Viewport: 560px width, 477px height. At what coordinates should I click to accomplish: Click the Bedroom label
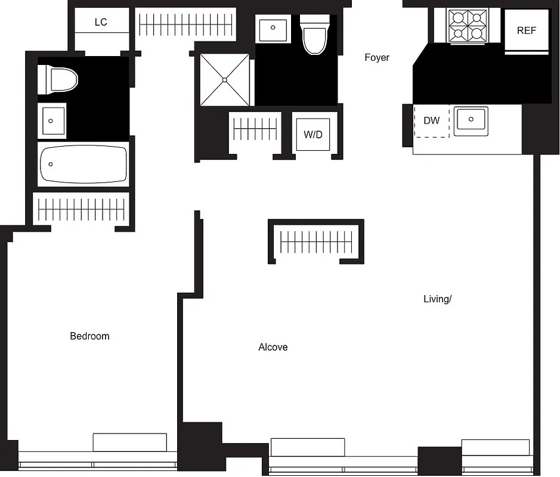pyautogui.click(x=89, y=336)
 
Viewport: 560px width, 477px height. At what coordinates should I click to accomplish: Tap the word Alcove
pyautogui.click(x=273, y=347)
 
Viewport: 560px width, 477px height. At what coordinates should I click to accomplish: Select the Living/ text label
pyautogui.click(x=437, y=299)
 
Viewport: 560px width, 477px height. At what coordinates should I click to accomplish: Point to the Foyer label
pyautogui.click(x=377, y=58)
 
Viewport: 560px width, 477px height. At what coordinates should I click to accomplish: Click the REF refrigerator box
pyautogui.click(x=526, y=31)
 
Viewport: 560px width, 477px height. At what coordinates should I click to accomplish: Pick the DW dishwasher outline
pyautogui.click(x=432, y=121)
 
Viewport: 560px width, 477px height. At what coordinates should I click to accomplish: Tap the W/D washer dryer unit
pyautogui.click(x=313, y=135)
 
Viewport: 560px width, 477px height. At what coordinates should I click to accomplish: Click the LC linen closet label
pyautogui.click(x=101, y=23)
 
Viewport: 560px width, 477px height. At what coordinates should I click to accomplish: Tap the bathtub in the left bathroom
pyautogui.click(x=83, y=164)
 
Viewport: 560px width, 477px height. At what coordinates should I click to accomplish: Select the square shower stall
pyautogui.click(x=225, y=79)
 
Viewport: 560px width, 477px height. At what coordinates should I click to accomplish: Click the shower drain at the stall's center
pyautogui.click(x=225, y=79)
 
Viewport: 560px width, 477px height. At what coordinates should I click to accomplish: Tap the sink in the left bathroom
pyautogui.click(x=52, y=120)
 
